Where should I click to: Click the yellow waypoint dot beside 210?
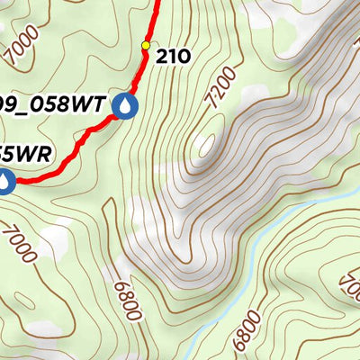(x=146, y=45)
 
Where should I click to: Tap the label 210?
(x=173, y=57)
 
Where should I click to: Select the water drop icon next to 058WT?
(x=125, y=107)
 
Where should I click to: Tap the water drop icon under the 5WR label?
(x=5, y=181)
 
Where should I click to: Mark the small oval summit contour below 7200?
(x=206, y=144)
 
